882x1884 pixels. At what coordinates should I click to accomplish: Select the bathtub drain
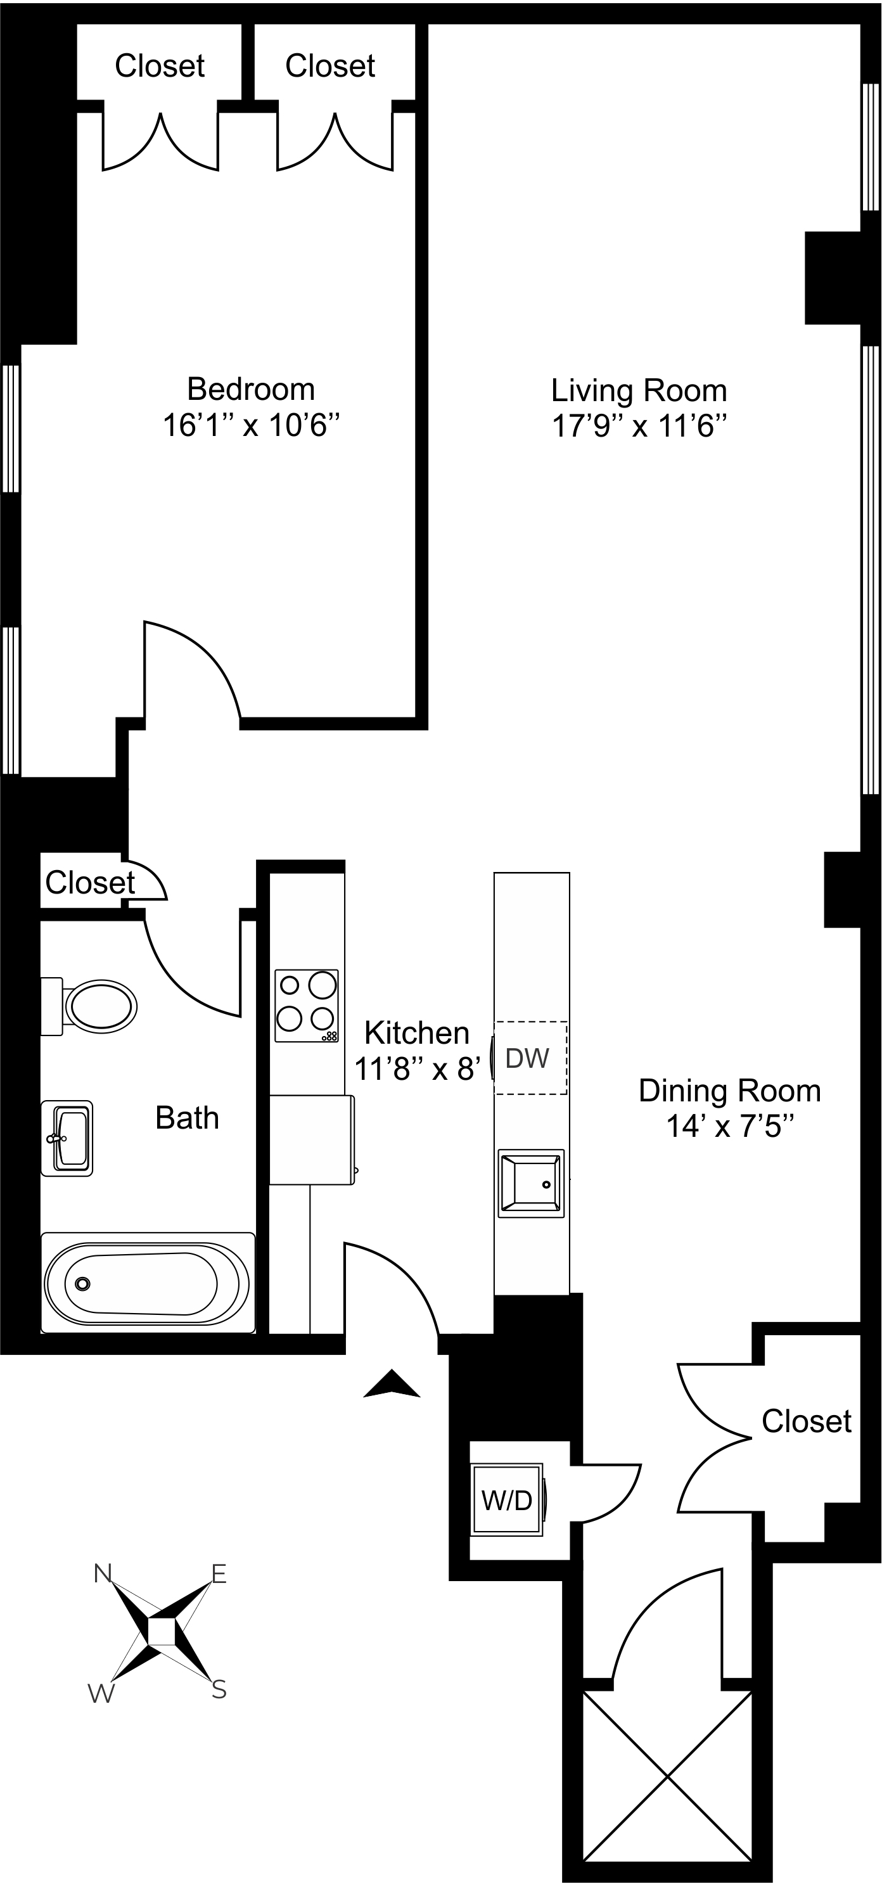tap(82, 1283)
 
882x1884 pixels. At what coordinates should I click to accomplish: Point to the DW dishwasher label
tap(527, 1058)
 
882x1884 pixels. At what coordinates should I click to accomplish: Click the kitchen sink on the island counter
tap(531, 1183)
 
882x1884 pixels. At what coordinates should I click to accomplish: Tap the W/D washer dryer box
tap(507, 1501)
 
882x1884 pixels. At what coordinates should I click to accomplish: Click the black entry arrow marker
tap(392, 1384)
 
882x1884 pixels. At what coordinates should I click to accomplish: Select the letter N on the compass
tap(103, 1572)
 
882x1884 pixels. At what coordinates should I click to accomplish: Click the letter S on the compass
tap(219, 1689)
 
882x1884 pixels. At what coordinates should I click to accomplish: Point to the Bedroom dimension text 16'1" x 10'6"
tap(251, 425)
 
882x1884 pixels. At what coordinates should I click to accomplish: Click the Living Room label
tap(639, 390)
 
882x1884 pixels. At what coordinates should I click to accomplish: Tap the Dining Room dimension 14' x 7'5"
tap(729, 1125)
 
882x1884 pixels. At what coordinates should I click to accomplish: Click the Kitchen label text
tap(417, 1033)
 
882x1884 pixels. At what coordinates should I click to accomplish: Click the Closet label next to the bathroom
tap(90, 883)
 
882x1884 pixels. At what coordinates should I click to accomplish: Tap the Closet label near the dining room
tap(806, 1421)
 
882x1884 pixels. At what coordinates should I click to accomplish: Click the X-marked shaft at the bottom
tap(667, 1776)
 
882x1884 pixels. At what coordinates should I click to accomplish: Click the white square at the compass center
tap(161, 1632)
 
